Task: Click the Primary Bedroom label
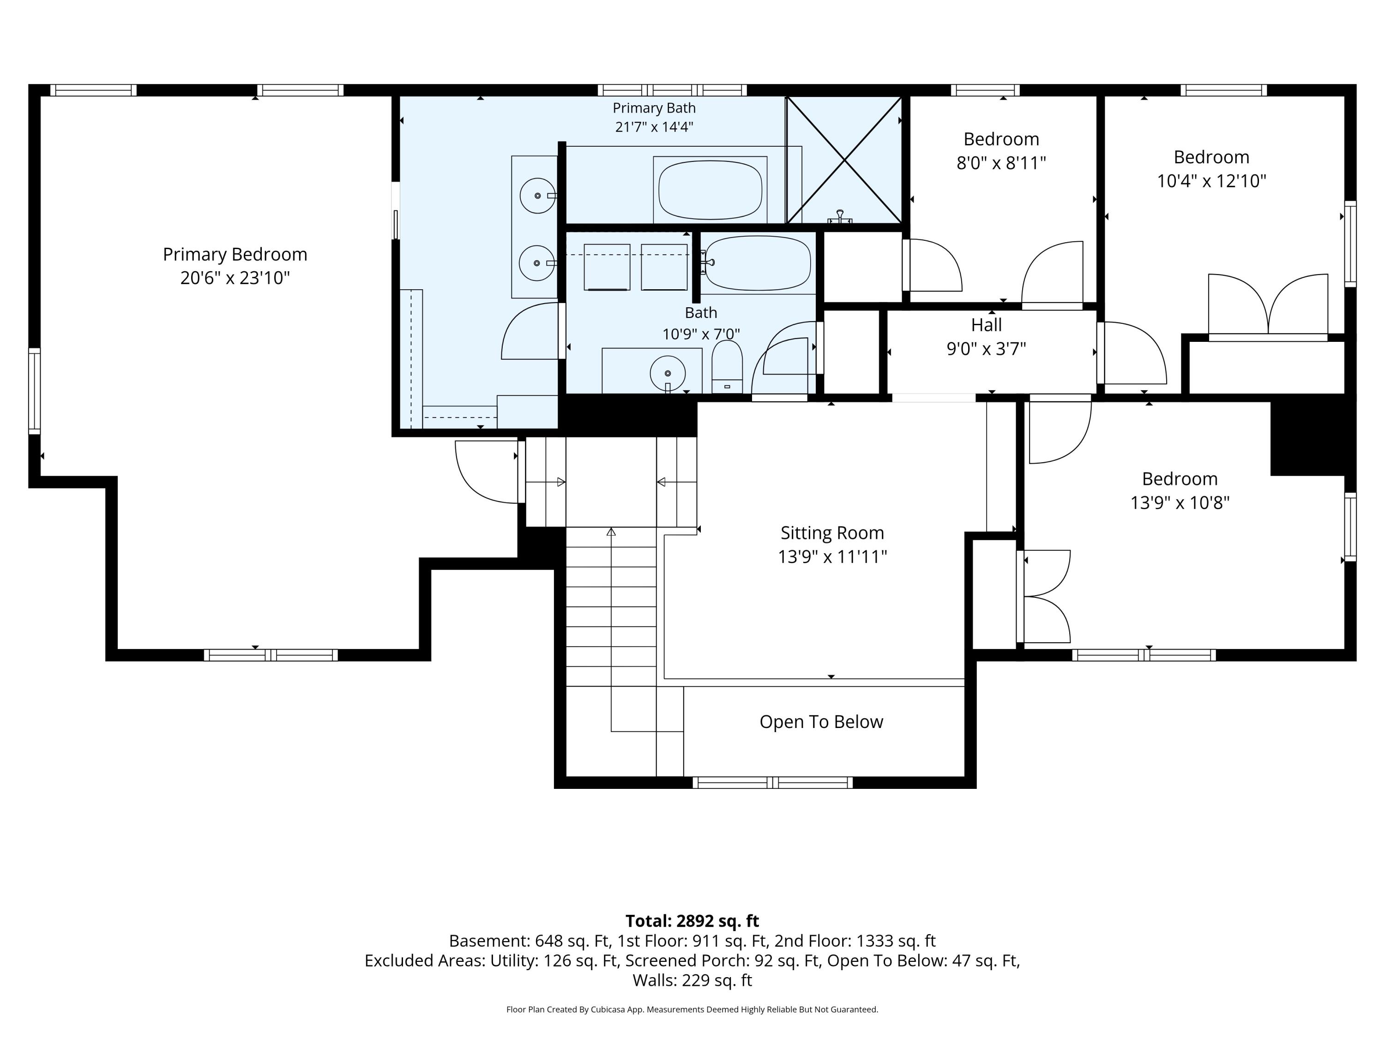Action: point(235,255)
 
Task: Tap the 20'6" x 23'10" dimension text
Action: point(235,278)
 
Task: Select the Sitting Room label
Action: point(832,533)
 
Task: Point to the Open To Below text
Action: point(821,722)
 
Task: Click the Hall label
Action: point(986,325)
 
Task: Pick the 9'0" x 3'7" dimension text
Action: point(986,348)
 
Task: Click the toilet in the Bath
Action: point(727,367)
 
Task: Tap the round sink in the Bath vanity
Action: point(668,374)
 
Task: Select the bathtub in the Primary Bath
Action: point(710,190)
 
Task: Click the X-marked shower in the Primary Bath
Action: point(844,160)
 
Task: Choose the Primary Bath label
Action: point(654,108)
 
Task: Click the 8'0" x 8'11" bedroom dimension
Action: point(1001,163)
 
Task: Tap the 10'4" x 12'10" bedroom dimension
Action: point(1211,181)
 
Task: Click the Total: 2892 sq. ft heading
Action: point(692,921)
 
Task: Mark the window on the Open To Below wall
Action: point(773,782)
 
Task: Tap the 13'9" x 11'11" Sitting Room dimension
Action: point(832,557)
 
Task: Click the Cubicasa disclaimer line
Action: point(692,1009)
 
